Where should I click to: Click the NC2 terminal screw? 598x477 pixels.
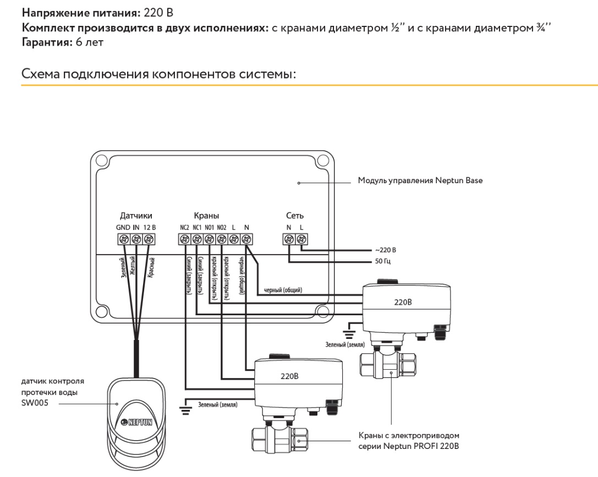click(184, 239)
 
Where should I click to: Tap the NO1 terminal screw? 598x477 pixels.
click(210, 239)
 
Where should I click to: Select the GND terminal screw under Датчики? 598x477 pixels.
click(123, 239)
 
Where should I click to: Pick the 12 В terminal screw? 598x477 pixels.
click(149, 239)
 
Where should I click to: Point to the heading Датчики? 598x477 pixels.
click(135, 216)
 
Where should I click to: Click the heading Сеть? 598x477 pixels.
click(294, 216)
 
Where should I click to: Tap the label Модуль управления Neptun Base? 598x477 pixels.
click(420, 180)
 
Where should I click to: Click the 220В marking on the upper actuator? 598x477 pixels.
click(403, 303)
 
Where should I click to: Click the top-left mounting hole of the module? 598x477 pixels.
click(101, 162)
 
